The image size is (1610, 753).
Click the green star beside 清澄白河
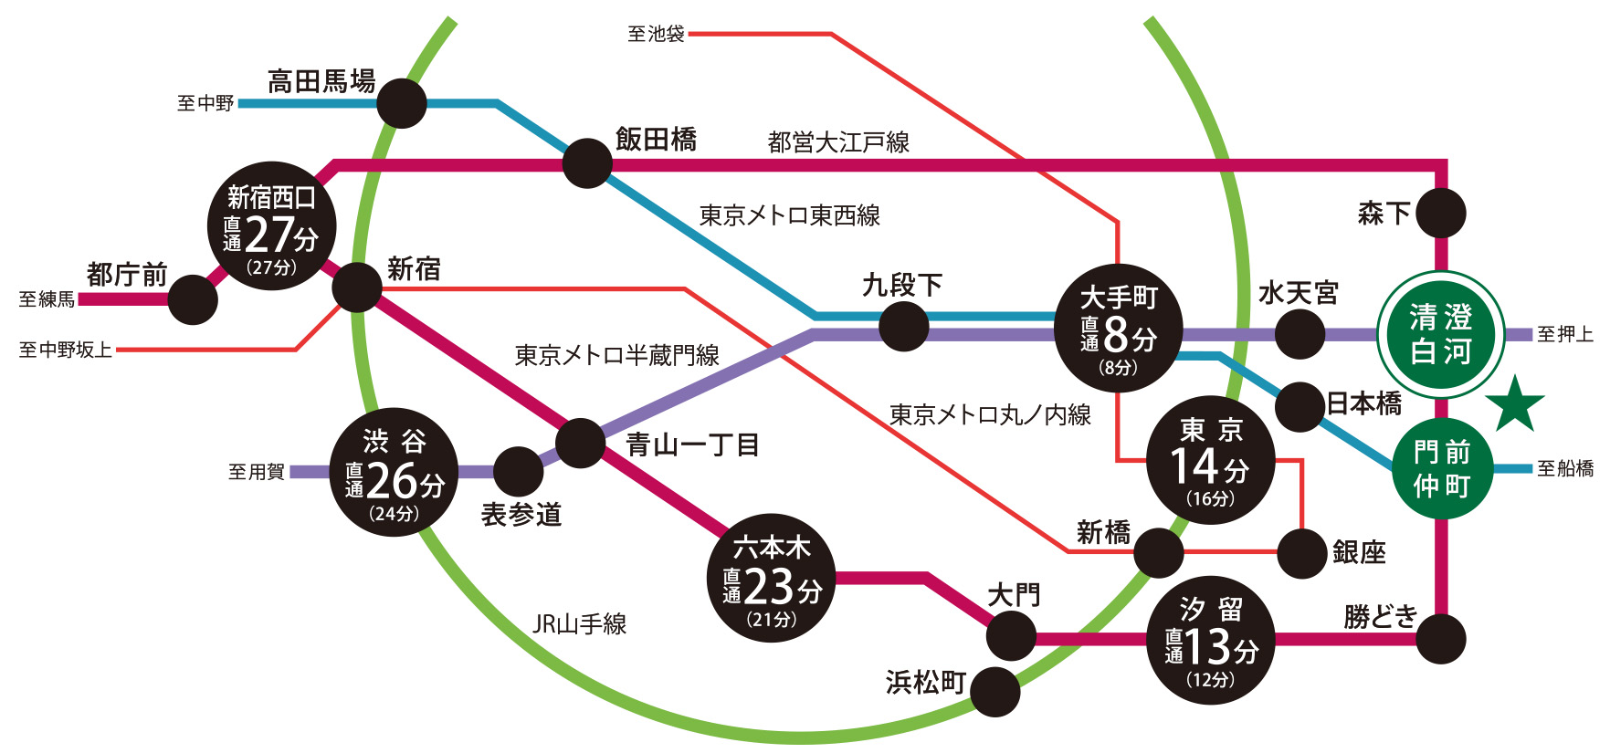pos(1515,403)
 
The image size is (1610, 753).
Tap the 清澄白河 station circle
pos(1441,335)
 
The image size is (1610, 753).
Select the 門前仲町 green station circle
pos(1442,469)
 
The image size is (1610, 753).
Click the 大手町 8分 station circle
pos(1119,329)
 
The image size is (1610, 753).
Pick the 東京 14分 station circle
pos(1210,461)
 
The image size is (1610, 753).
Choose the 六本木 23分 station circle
pos(772,579)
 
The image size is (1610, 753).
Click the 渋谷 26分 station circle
pos(394,473)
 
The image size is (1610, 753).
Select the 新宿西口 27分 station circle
pos(271,226)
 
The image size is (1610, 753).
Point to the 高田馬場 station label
pos(321,82)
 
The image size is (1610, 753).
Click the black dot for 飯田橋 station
pos(587,164)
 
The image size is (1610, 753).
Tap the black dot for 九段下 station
pos(903,326)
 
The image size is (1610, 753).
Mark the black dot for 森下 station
pos(1441,214)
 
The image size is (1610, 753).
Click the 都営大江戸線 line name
pos(838,142)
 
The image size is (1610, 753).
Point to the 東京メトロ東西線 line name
pos(789,215)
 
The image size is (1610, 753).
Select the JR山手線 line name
pos(579,624)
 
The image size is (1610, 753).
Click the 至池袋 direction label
pos(656,35)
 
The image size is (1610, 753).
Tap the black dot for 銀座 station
pos(1301,553)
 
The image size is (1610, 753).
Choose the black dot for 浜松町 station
pos(994,692)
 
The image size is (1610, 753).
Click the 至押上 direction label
pos(1564,335)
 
